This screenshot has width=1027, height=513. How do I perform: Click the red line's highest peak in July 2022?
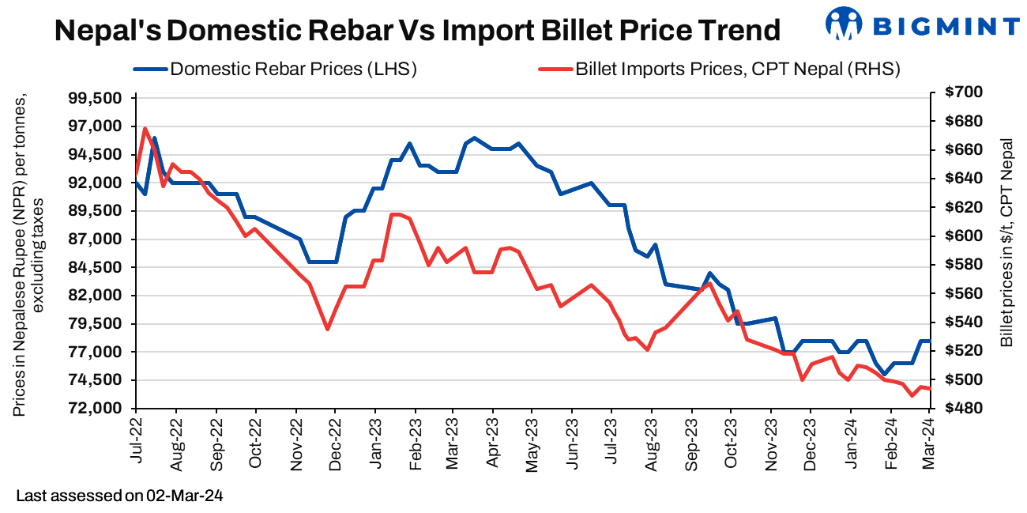(145, 128)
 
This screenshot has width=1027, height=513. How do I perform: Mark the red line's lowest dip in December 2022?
(327, 329)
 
